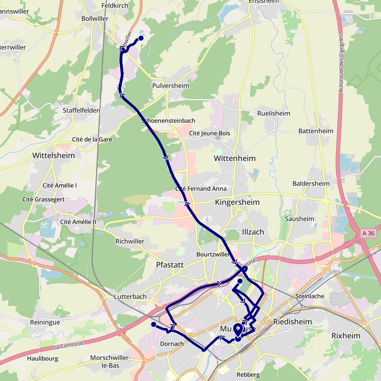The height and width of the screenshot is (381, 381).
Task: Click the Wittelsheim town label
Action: [x=54, y=155]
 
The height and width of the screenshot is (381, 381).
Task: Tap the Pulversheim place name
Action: [x=171, y=86]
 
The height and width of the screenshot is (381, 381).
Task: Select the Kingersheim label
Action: [x=237, y=202]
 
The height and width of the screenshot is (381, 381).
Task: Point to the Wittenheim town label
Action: [x=235, y=158]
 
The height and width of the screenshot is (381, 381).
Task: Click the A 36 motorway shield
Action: [x=368, y=233]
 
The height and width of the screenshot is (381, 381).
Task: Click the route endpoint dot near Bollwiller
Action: [x=141, y=38]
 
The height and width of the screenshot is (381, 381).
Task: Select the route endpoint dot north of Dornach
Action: [x=154, y=324]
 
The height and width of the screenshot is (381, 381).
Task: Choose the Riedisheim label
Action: [x=293, y=322]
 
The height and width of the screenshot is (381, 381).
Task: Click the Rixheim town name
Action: [x=346, y=336]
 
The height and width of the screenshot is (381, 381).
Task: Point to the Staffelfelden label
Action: [x=81, y=110]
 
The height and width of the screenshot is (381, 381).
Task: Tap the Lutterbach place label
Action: [x=130, y=297]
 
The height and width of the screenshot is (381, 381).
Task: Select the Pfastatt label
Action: [x=170, y=265]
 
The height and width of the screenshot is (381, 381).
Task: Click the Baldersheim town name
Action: [x=311, y=183]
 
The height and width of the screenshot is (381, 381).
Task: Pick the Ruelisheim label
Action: [x=274, y=113]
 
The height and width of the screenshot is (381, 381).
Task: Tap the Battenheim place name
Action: [x=316, y=131]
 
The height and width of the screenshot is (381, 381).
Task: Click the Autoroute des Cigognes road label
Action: [x=341, y=64]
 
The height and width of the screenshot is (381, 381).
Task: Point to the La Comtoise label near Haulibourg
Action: [x=68, y=346]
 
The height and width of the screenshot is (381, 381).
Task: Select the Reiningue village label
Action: [x=45, y=322]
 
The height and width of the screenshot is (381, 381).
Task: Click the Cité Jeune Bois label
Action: [x=210, y=133]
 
